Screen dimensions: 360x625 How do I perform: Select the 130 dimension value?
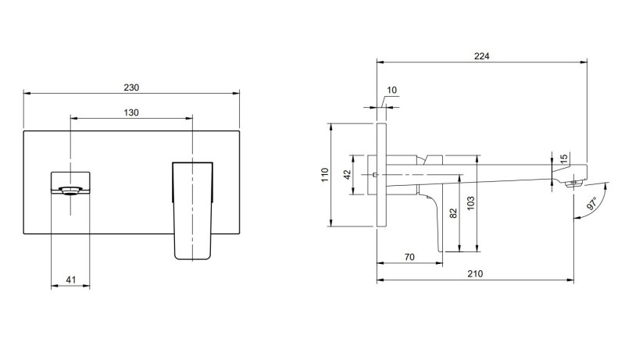pyautogui.click(x=131, y=112)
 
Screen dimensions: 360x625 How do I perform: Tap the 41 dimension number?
pyautogui.click(x=70, y=280)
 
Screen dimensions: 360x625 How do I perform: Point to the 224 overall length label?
pyautogui.click(x=481, y=55)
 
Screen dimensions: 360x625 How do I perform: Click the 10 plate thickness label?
pyautogui.click(x=391, y=91)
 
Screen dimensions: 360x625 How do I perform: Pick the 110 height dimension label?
pyautogui.click(x=325, y=175)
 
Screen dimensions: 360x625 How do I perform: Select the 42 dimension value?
pyautogui.click(x=348, y=175)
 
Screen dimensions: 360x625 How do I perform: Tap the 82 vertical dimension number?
pyautogui.click(x=452, y=214)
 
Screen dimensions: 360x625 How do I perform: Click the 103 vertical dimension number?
pyautogui.click(x=470, y=205)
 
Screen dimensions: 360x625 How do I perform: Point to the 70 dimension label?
pyautogui.click(x=409, y=256)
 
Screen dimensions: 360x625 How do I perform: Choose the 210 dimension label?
pyautogui.click(x=476, y=273)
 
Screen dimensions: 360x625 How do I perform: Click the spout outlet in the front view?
pyautogui.click(x=70, y=188)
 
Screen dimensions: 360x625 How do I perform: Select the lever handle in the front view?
pyautogui.click(x=192, y=209)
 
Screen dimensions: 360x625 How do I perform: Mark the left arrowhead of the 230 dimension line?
pyautogui.click(x=27, y=94)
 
